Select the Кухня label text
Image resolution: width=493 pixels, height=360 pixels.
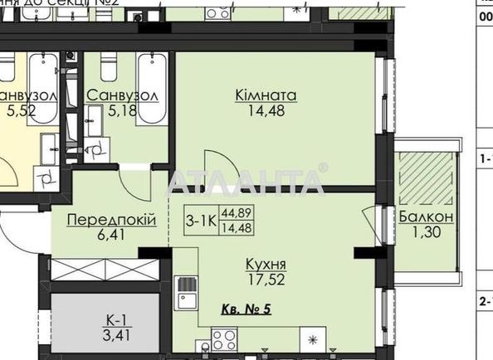(265, 264)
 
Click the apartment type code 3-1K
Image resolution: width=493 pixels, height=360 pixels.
(201, 221)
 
